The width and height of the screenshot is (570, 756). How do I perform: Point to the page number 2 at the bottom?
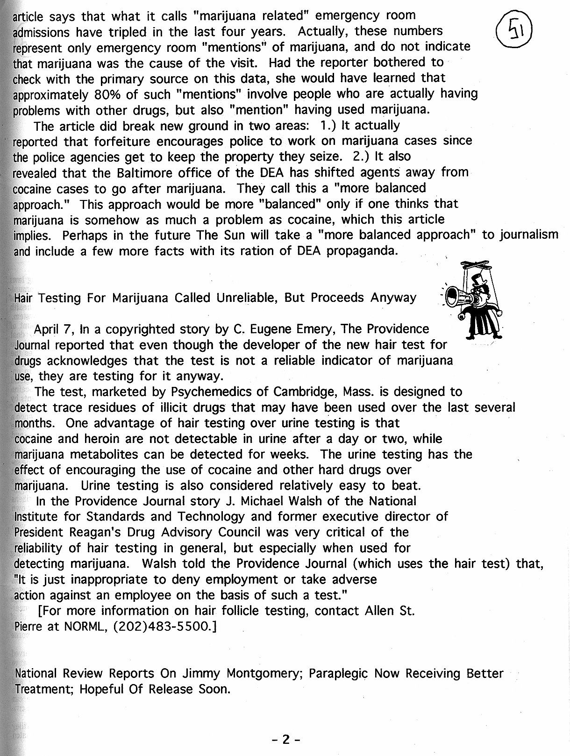pos(286,739)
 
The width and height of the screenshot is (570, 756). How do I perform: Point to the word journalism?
pos(529,235)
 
